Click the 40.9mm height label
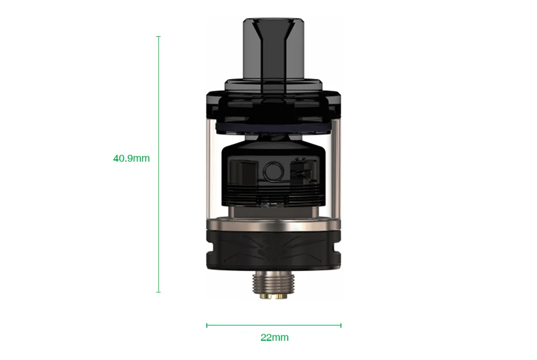pos(131,158)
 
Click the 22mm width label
pos(274,337)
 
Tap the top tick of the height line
pos(158,37)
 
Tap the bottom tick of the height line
pos(158,292)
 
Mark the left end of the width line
pos(207,325)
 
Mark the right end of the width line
pos(341,325)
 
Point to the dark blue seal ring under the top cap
pos(274,129)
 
